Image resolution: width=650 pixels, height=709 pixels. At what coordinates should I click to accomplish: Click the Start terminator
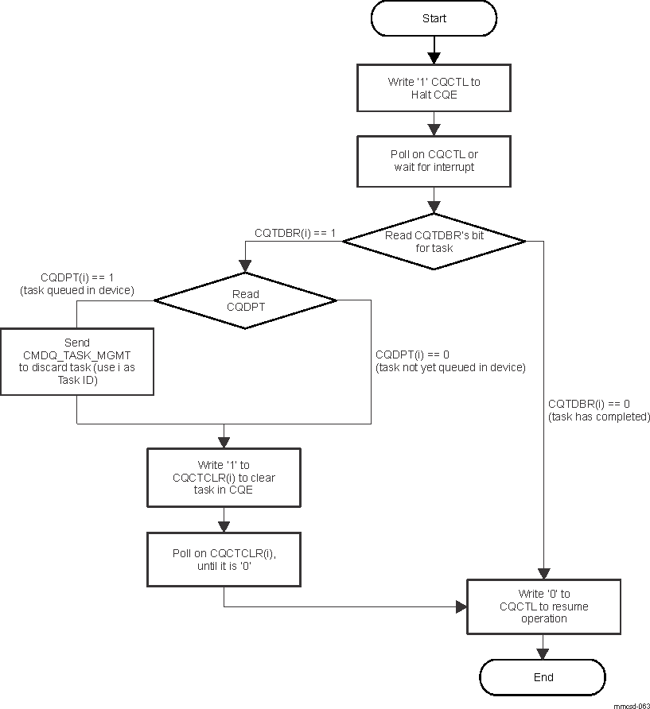click(434, 18)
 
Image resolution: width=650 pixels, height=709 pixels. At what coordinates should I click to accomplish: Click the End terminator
click(543, 677)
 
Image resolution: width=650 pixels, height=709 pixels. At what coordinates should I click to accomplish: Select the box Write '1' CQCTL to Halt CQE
click(434, 88)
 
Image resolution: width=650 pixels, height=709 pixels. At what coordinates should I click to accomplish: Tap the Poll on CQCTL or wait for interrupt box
click(434, 161)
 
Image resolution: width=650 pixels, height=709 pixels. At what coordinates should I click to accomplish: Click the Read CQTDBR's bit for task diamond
click(434, 242)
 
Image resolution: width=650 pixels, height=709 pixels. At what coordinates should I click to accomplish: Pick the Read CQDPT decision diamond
click(245, 300)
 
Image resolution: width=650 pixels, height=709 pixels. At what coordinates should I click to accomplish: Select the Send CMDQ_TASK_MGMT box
click(76, 362)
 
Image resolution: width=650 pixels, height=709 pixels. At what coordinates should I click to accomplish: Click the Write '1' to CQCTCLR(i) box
click(224, 478)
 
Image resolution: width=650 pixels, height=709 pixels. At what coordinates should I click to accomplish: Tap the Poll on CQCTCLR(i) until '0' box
click(224, 560)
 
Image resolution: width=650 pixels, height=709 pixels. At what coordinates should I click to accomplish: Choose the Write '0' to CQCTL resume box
click(543, 606)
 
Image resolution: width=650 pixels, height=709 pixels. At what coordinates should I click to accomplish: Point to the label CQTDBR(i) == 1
click(295, 233)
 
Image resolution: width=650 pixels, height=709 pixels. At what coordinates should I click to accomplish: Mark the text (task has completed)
click(598, 416)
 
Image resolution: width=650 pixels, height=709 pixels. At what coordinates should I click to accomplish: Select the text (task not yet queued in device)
click(450, 367)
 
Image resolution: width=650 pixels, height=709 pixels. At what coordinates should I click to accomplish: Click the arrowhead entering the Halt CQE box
click(434, 58)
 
